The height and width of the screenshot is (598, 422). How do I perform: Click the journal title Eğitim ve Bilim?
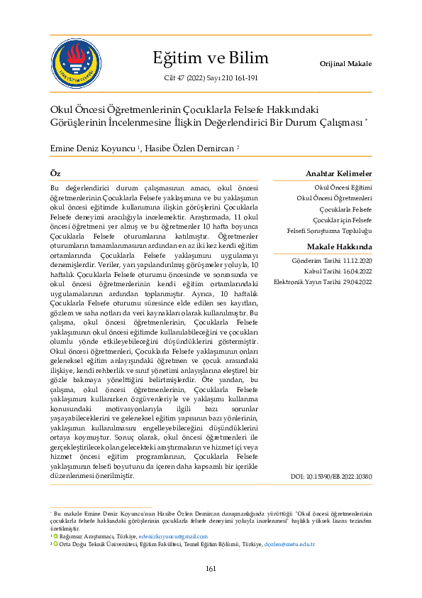click(x=211, y=58)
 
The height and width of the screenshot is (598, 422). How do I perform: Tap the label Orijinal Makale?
click(x=346, y=64)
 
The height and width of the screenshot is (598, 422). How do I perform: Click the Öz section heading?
click(x=55, y=174)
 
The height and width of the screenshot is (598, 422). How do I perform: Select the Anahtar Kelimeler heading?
click(x=338, y=174)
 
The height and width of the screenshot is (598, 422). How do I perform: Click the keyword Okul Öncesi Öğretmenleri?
click(x=334, y=198)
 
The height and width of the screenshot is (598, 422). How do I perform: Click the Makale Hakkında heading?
click(x=339, y=246)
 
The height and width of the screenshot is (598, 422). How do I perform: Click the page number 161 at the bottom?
click(x=211, y=568)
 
